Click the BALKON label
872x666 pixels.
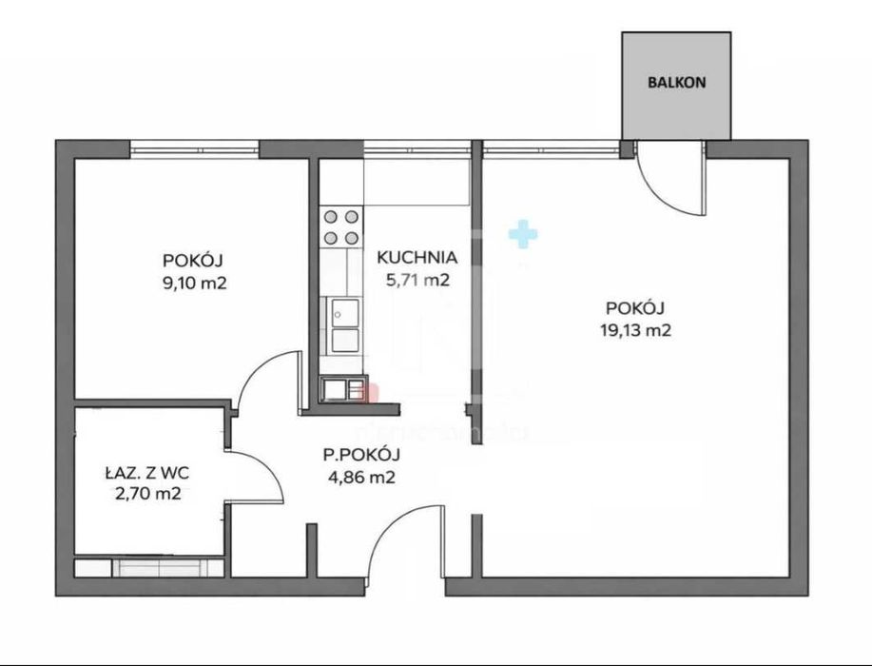point(676,83)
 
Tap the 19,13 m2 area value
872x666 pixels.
point(635,330)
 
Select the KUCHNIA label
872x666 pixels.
point(417,258)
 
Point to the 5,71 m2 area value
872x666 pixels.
point(417,280)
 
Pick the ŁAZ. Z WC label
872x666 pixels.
point(147,474)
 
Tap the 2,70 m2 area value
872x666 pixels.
point(148,494)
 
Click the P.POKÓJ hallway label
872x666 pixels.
point(361,455)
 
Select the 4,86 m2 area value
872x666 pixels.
point(362,477)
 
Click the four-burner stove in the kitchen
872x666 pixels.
point(340,227)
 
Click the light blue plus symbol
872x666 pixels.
point(523,234)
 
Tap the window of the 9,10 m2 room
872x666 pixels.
point(195,149)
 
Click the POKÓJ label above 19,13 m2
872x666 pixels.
point(635,307)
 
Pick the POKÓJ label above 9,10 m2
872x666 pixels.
point(192,261)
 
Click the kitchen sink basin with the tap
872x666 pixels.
point(345,312)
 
